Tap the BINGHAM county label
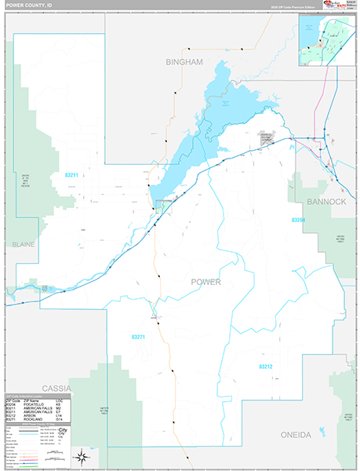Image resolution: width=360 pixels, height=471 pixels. (x=184, y=61)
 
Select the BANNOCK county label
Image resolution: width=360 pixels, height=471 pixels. (x=328, y=202)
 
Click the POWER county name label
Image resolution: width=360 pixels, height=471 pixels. (x=205, y=282)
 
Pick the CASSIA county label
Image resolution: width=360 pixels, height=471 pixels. (x=56, y=388)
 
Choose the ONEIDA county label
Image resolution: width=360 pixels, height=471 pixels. (x=296, y=434)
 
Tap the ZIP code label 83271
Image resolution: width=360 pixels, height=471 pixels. (x=138, y=337)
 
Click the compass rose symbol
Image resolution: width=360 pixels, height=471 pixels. (x=81, y=455)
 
